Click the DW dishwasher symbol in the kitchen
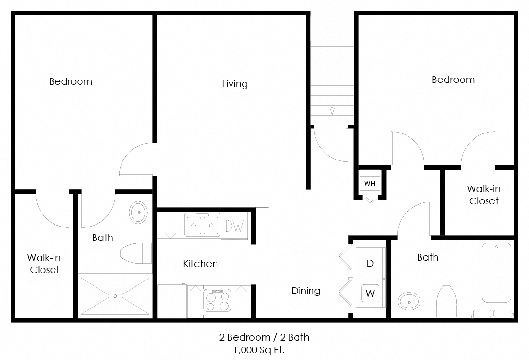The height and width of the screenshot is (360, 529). (x=234, y=226)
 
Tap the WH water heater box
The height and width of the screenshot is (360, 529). (x=369, y=184)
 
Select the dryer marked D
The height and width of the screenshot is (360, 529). (x=370, y=263)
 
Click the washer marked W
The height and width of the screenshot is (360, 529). (x=370, y=293)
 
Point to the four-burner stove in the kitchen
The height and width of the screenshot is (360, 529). (x=217, y=301)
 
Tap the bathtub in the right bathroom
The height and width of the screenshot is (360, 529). (x=496, y=273)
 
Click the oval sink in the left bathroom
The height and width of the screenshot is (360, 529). (x=139, y=212)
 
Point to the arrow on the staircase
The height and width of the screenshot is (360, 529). (x=332, y=110)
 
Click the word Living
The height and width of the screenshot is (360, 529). (x=235, y=84)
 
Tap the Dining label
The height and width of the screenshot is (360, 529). (x=306, y=291)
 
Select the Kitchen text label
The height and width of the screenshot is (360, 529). (x=200, y=264)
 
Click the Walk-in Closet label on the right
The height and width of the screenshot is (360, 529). (x=483, y=195)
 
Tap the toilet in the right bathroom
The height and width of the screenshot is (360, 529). (x=446, y=301)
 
